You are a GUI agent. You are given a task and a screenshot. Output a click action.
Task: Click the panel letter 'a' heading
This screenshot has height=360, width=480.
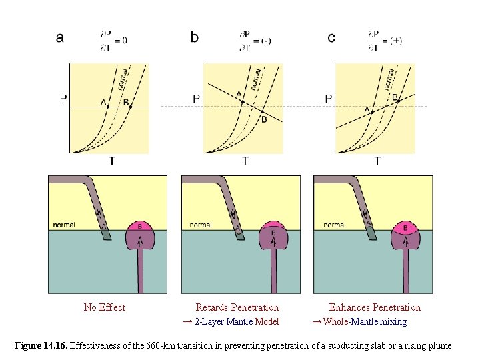(60, 38)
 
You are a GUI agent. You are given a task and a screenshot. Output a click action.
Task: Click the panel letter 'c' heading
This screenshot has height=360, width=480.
(331, 38)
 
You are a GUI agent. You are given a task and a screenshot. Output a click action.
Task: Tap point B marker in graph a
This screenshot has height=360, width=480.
(131, 107)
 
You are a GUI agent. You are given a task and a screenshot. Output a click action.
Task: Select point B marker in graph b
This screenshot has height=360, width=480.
(263, 112)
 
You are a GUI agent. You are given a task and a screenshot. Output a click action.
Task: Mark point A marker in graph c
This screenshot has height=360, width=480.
(371, 112)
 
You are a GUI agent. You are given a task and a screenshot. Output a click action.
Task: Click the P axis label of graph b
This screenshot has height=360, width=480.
(196, 99)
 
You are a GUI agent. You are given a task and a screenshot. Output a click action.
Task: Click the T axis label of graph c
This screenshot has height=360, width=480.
(377, 161)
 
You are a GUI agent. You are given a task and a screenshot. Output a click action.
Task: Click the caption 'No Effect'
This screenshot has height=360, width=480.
(105, 307)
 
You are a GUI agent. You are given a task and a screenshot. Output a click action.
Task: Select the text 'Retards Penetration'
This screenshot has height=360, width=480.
(237, 307)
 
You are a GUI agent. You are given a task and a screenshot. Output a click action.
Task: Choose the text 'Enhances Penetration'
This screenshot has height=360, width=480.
(375, 307)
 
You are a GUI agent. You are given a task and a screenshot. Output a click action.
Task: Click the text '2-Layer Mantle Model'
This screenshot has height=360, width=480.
(236, 322)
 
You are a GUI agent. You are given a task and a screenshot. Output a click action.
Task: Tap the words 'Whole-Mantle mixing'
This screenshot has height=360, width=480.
(364, 322)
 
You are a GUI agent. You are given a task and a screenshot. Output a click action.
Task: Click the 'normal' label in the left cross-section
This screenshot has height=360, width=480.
(64, 225)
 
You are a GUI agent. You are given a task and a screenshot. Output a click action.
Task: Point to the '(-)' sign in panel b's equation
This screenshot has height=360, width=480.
(265, 41)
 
